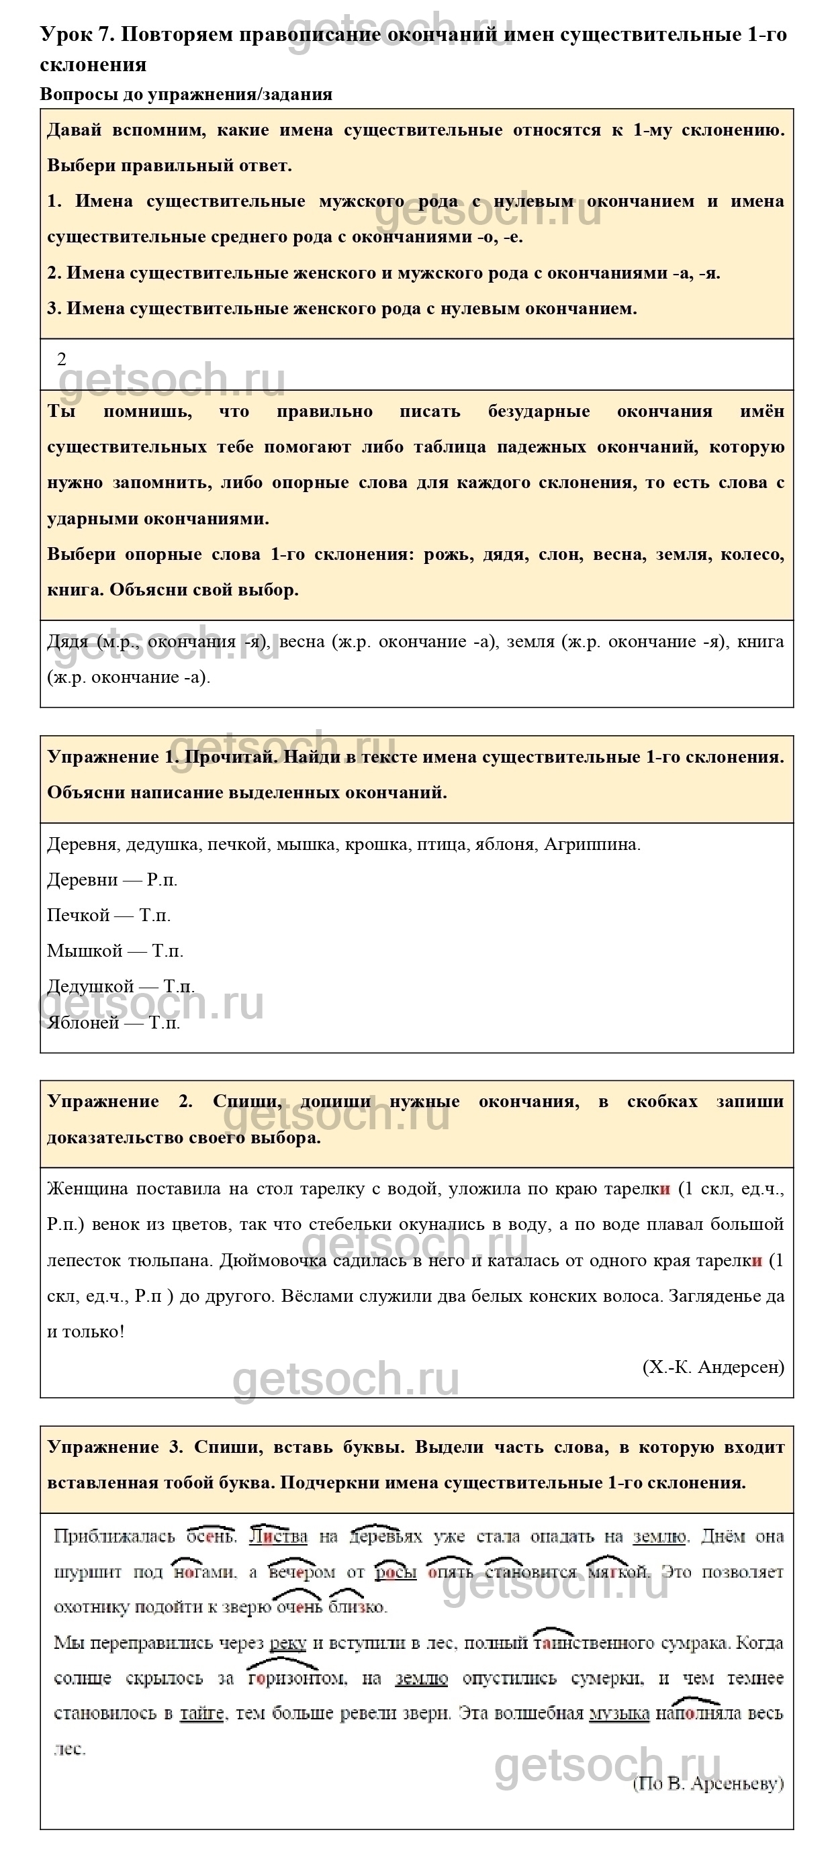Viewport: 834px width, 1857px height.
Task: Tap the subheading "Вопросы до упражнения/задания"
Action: click(186, 95)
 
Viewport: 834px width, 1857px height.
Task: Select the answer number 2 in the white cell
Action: click(62, 359)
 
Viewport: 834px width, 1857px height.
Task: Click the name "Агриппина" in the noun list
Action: click(591, 844)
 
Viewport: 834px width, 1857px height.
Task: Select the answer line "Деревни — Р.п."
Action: click(111, 879)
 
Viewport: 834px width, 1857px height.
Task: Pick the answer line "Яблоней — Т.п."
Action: click(113, 1022)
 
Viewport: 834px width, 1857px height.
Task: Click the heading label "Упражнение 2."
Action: click(120, 1102)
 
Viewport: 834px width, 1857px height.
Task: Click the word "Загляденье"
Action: click(714, 1296)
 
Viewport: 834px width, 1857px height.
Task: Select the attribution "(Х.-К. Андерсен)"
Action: click(713, 1367)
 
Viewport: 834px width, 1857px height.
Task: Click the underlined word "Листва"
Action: click(278, 1536)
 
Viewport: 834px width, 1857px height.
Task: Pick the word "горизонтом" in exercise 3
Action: click(297, 1679)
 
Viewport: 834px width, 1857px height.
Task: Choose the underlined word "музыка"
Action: click(619, 1714)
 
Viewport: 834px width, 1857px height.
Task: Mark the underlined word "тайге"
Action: click(202, 1714)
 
